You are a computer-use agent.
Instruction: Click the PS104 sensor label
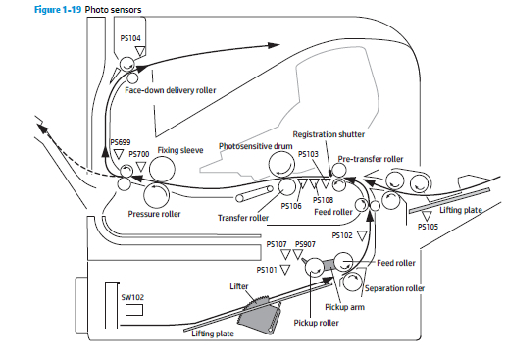click(x=130, y=38)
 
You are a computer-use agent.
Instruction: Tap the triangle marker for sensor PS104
click(x=140, y=51)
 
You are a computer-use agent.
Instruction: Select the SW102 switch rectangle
click(x=134, y=310)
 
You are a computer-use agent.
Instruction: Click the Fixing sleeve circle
click(x=162, y=169)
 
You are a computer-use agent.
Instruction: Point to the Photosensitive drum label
click(x=255, y=146)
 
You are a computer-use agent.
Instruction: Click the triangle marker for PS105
click(x=427, y=216)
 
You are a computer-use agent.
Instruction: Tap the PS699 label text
click(x=121, y=142)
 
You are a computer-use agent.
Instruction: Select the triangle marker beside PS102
click(x=362, y=235)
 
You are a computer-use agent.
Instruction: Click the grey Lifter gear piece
click(x=260, y=314)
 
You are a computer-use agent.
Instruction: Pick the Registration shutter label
click(x=329, y=134)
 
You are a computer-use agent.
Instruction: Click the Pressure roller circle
click(x=156, y=195)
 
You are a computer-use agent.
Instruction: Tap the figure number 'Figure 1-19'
click(x=58, y=10)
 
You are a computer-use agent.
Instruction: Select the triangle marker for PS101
click(x=285, y=270)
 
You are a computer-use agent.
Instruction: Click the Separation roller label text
click(x=394, y=288)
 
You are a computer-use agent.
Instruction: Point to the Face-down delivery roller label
click(x=171, y=90)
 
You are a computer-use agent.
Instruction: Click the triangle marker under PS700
click(x=141, y=167)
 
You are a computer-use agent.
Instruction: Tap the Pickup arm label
click(x=344, y=307)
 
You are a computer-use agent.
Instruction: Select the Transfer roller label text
click(x=243, y=218)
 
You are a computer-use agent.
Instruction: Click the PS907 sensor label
click(x=305, y=244)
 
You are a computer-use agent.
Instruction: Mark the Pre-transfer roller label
click(x=371, y=159)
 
